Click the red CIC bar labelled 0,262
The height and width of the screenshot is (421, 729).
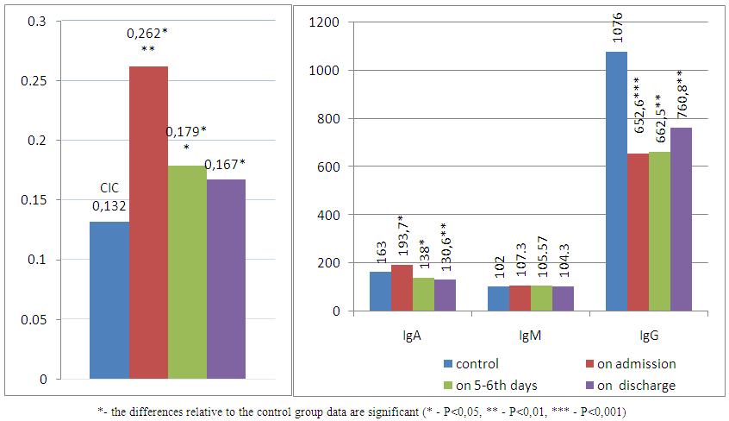pos(148,223)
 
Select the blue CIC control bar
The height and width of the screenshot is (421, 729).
pos(109,300)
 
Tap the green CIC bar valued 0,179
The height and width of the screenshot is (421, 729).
pos(187,272)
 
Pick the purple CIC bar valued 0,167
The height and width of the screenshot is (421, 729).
pos(226,279)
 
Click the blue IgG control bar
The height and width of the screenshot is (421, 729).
pos(616,181)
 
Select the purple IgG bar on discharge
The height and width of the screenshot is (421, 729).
pos(681,219)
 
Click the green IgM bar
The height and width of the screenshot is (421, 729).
pos(541,298)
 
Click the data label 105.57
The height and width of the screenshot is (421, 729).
pos(541,261)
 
